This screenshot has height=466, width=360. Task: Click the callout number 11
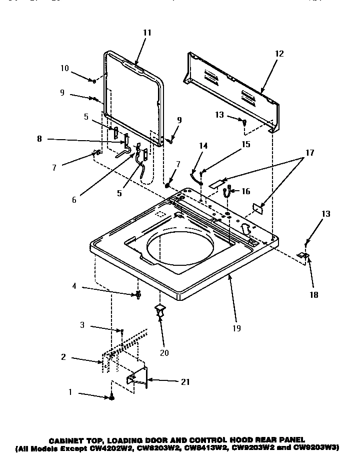point(146,33)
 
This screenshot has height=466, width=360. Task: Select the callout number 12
point(279,54)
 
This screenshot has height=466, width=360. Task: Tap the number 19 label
point(236,328)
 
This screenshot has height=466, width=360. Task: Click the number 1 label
point(70,392)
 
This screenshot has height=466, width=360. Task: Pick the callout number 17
point(309,153)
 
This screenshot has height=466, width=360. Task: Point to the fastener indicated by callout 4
point(136,295)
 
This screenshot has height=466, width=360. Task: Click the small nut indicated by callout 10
point(94,81)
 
